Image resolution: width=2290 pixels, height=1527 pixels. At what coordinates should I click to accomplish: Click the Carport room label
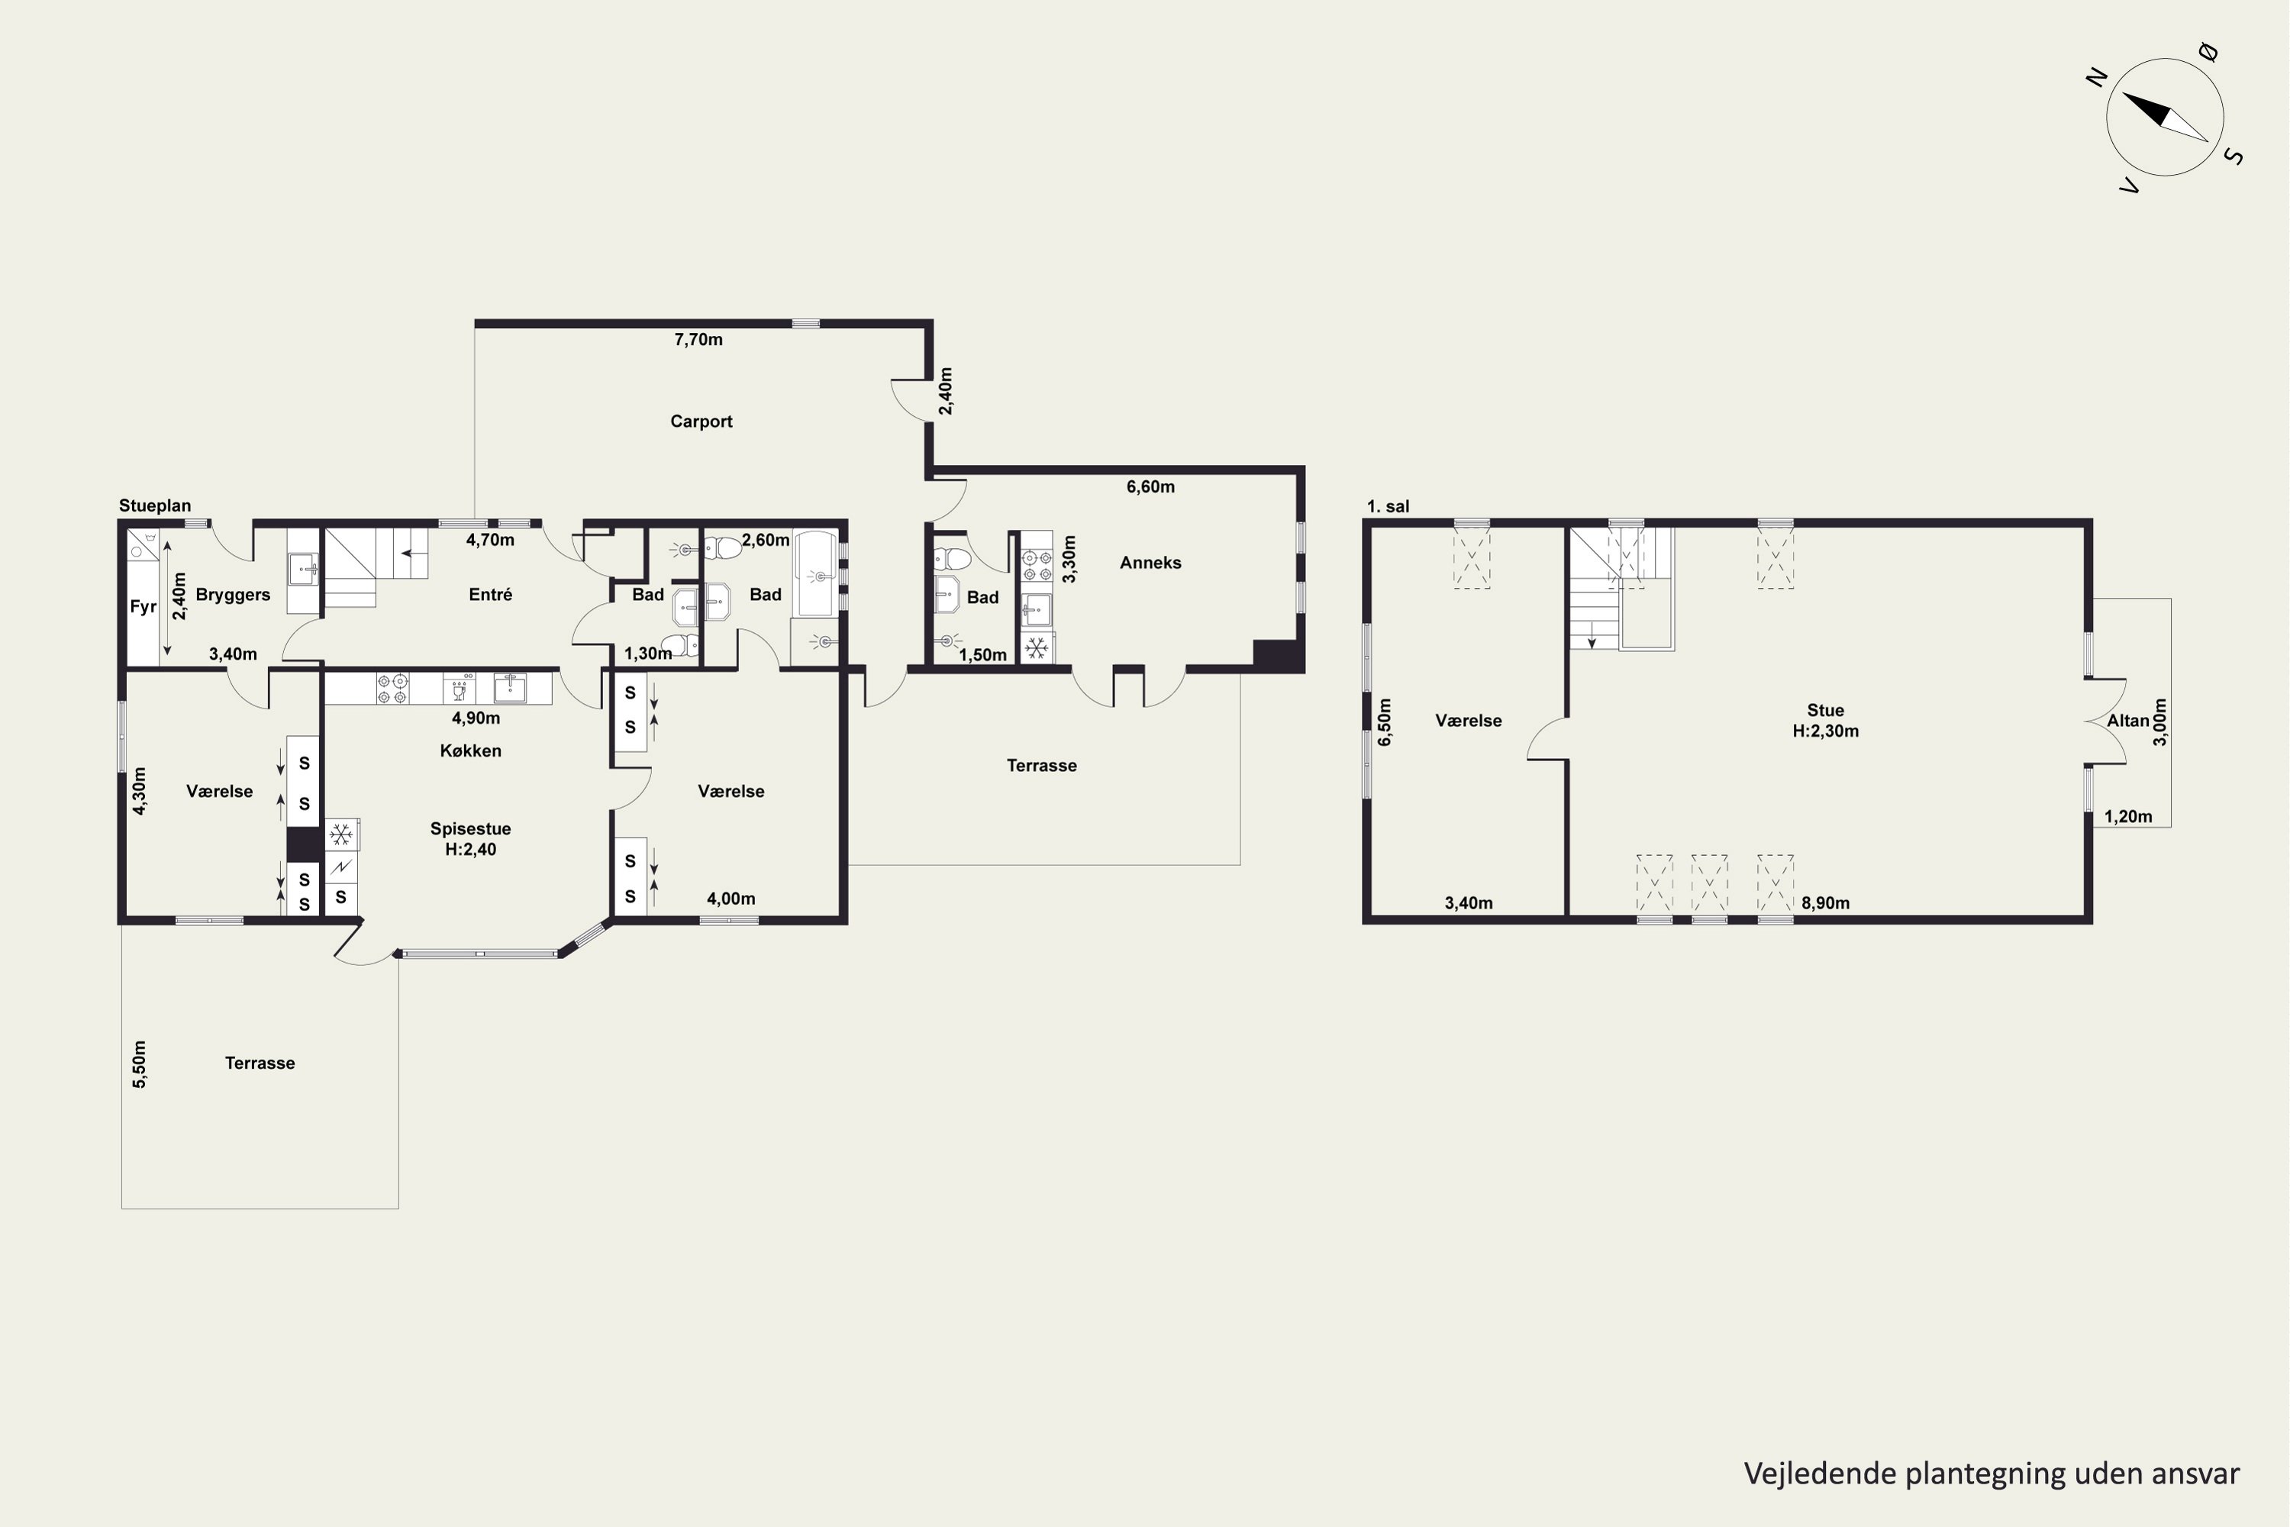(701, 421)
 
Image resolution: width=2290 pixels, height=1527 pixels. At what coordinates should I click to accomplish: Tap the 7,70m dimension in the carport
(698, 340)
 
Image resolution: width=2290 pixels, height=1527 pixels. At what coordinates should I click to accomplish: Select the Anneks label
(1150, 563)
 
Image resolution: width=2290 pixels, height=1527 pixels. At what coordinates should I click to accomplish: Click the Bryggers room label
(233, 595)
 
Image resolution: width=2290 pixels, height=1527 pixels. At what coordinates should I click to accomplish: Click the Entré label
(490, 595)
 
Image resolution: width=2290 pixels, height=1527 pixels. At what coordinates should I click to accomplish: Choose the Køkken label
(470, 751)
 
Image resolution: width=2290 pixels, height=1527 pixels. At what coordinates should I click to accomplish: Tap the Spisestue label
(470, 828)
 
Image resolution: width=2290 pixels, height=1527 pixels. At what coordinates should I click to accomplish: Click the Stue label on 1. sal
(1824, 711)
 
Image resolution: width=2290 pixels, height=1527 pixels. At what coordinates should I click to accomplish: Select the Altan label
(2127, 721)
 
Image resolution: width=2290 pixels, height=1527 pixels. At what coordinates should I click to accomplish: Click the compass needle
(2164, 117)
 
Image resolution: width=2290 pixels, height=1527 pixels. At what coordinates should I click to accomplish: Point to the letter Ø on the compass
(2208, 52)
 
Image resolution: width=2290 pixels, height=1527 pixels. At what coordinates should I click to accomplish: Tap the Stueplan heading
(155, 505)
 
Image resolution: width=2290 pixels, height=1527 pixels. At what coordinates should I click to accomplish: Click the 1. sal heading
(1388, 506)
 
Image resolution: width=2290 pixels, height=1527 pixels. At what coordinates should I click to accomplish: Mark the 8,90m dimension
(1824, 902)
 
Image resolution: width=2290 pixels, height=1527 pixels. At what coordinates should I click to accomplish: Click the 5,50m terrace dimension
(139, 1064)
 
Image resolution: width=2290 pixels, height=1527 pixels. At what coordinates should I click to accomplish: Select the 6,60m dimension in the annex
(1150, 487)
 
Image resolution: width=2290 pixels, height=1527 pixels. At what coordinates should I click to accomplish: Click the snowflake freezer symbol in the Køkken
(340, 835)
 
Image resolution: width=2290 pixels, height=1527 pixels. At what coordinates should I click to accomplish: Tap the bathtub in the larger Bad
(815, 573)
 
